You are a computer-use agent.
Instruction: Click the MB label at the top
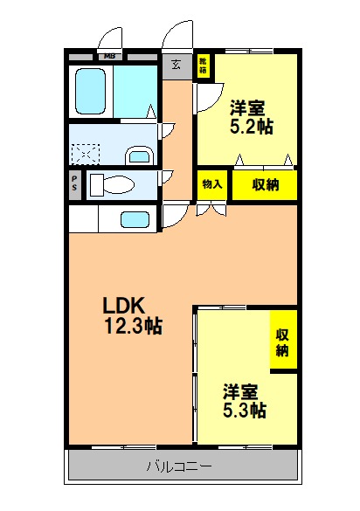110,58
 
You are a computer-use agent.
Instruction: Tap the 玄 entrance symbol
176,65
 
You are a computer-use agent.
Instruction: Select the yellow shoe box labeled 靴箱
203,66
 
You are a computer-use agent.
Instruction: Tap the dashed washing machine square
87,152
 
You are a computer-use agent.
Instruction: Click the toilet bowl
112,185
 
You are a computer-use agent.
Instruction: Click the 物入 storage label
211,184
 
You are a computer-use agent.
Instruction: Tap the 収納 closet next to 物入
265,184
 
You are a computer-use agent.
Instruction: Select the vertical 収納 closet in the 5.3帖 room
283,342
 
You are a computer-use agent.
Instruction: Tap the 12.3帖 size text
134,327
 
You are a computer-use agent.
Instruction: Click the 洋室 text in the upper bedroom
250,108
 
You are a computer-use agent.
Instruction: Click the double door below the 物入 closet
211,208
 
